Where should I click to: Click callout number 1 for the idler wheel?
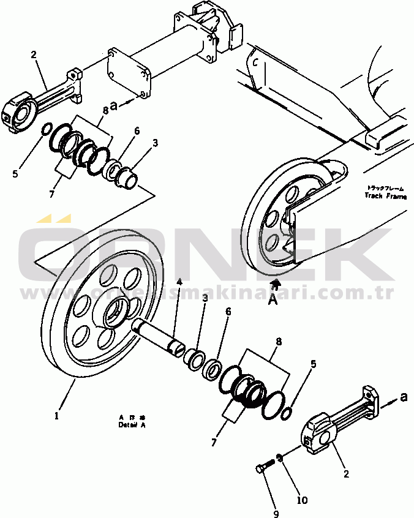[56, 415]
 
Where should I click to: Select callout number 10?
[301, 500]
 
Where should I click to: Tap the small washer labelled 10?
[280, 457]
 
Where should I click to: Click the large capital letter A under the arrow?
[276, 300]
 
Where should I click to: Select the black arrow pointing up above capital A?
[276, 283]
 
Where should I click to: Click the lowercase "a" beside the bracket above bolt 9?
[403, 397]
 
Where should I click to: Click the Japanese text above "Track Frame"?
[385, 188]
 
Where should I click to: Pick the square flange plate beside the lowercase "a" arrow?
[129, 75]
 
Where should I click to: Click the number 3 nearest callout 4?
[205, 298]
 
